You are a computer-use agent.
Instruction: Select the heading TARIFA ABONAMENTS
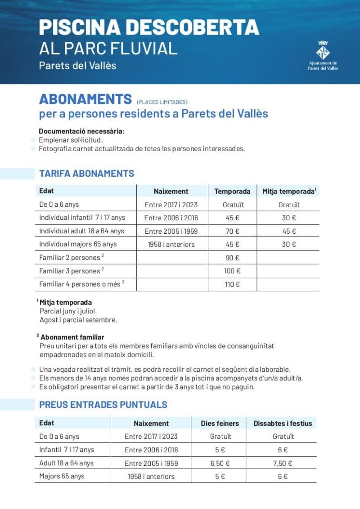[x=86, y=174]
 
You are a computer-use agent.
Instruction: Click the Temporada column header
[x=232, y=191]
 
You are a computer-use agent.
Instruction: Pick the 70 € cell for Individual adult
[x=232, y=231]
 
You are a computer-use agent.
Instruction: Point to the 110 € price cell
[x=232, y=284]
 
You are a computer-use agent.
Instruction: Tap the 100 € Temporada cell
[x=232, y=271]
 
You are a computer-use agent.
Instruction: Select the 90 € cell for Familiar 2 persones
[x=232, y=258]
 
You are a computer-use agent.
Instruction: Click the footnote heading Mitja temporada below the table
[x=66, y=302]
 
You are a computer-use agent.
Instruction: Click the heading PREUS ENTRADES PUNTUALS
[x=103, y=405]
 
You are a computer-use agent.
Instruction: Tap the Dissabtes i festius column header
[x=283, y=423]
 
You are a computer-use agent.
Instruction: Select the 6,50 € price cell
[x=220, y=463]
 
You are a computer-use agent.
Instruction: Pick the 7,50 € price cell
[x=283, y=463]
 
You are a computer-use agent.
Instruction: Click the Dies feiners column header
[x=220, y=423]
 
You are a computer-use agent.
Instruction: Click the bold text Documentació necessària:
[x=81, y=131]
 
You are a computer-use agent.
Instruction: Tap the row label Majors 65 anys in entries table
[x=62, y=476]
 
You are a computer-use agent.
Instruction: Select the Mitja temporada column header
[x=288, y=191]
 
